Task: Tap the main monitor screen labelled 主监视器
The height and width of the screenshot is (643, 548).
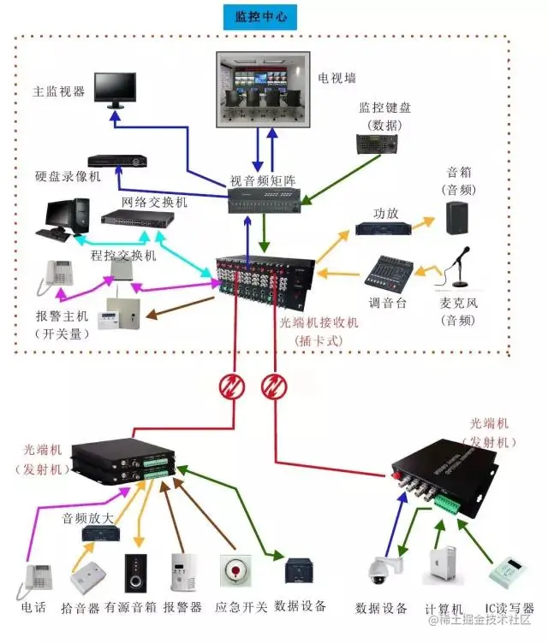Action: (114, 88)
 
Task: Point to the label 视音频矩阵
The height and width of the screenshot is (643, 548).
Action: (262, 180)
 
